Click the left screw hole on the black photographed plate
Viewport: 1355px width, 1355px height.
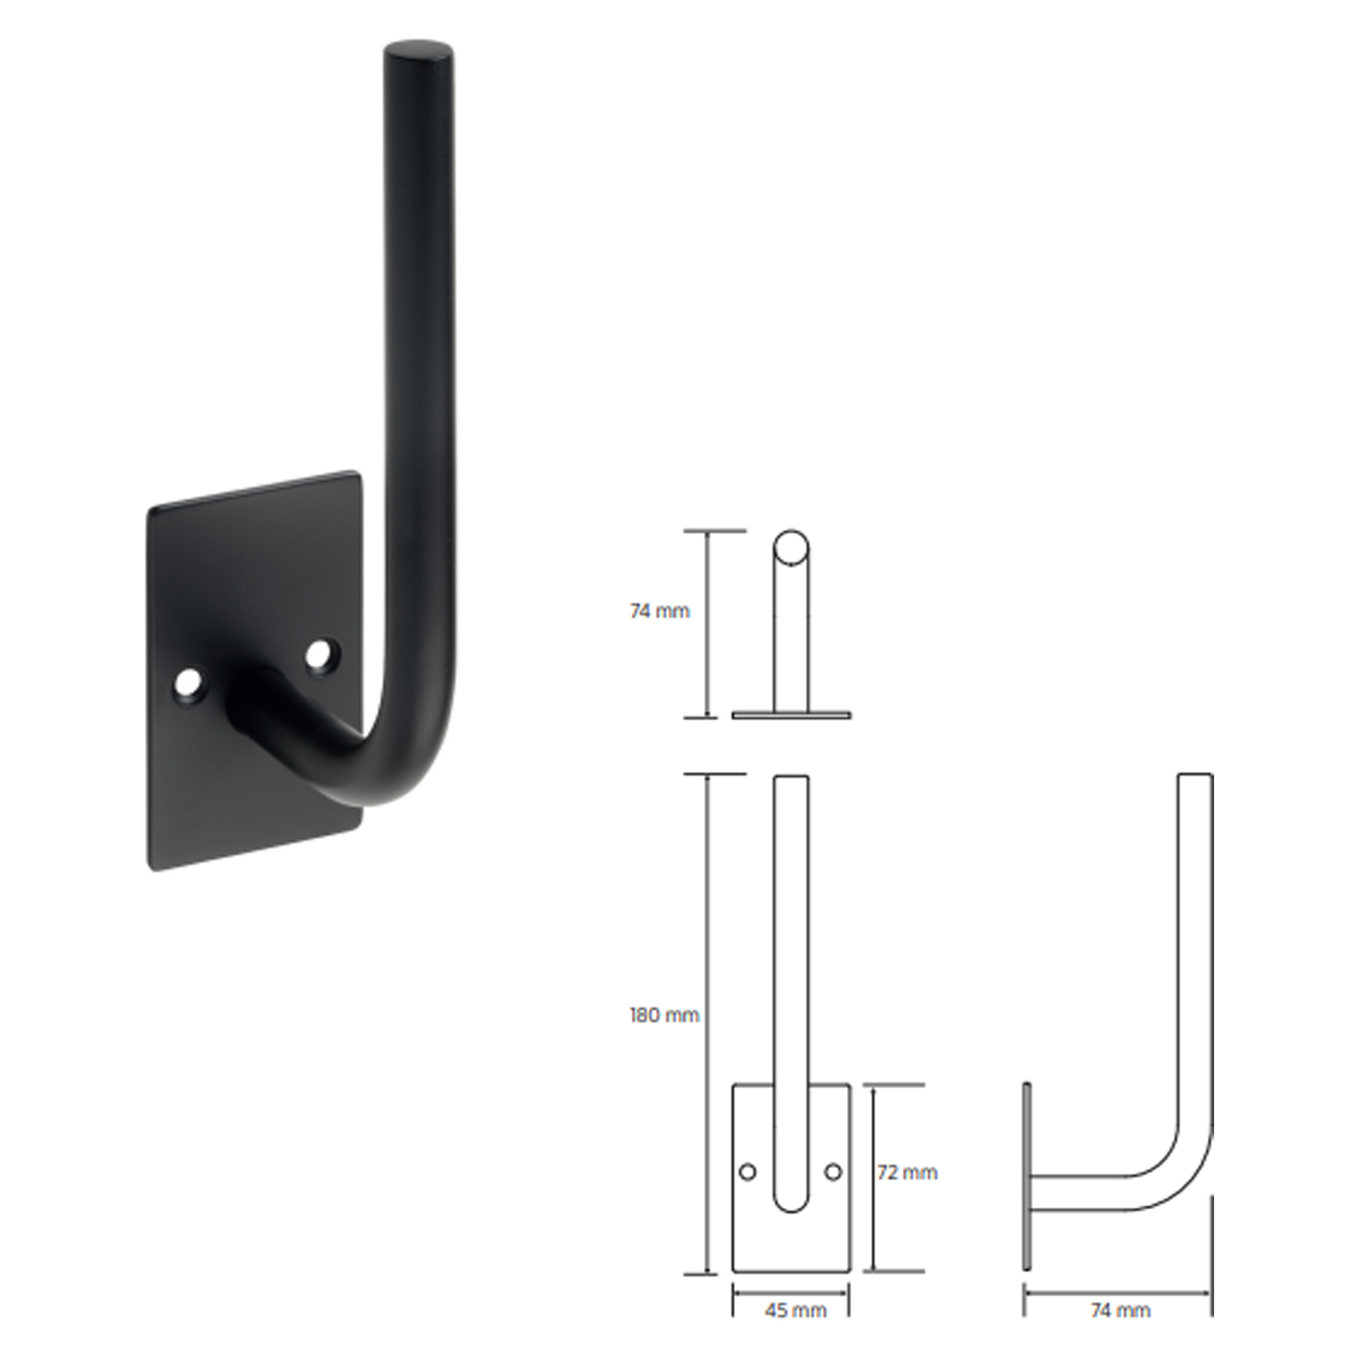188,682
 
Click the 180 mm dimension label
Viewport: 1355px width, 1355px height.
663,1015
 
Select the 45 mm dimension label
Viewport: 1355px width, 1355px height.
795,1310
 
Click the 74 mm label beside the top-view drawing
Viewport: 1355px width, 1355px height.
659,611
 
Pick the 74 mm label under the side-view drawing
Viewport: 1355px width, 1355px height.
1121,1310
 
